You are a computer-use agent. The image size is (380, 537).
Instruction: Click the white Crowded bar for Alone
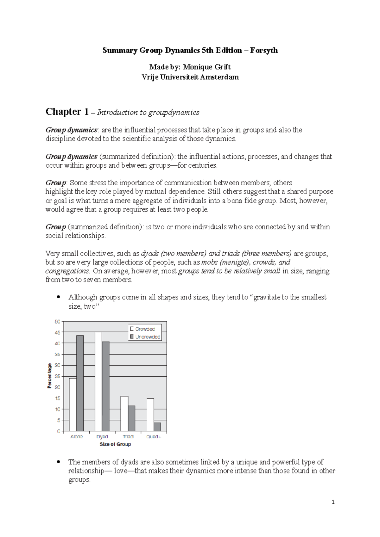click(73, 404)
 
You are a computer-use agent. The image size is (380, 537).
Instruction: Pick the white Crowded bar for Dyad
click(98, 381)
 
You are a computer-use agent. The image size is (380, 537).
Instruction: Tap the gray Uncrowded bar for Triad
click(132, 418)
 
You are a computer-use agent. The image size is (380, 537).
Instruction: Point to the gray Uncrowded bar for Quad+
click(157, 427)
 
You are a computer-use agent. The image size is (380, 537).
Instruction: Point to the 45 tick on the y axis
click(57, 332)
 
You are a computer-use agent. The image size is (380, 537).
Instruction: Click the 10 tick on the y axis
click(57, 409)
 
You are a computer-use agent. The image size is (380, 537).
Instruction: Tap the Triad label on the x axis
click(128, 436)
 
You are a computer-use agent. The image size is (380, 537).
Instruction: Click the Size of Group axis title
click(115, 444)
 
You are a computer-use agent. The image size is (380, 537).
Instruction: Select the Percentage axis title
click(49, 376)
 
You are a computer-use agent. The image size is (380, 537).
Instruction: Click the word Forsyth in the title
click(264, 50)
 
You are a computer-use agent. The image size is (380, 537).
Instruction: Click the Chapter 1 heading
click(67, 112)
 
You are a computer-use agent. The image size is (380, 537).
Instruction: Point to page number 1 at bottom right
click(333, 502)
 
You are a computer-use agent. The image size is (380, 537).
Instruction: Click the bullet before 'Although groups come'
click(58, 297)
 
